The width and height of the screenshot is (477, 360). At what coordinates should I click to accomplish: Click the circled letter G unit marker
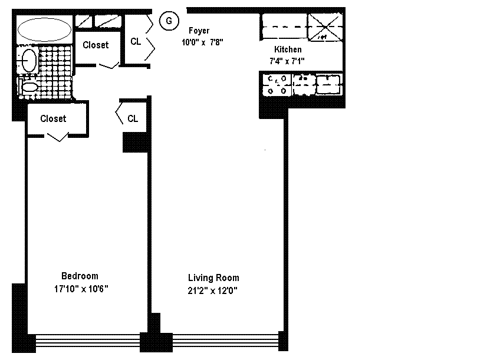[x=169, y=21]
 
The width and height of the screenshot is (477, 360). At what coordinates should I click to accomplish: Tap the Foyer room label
[x=199, y=31]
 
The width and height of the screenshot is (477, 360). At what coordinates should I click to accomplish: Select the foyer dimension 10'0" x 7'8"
[x=202, y=42]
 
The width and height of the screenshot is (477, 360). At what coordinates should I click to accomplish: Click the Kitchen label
[x=288, y=49]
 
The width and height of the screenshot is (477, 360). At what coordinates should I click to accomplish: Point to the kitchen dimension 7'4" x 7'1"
[x=287, y=61]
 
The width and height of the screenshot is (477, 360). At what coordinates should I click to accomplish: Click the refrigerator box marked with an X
[x=325, y=27]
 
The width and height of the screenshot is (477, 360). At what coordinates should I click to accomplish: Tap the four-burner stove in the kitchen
[x=277, y=85]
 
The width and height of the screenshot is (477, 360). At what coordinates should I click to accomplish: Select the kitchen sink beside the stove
[x=328, y=84]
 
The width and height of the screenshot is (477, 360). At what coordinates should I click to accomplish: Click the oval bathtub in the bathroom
[x=44, y=29]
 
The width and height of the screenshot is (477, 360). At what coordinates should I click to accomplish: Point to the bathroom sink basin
[x=29, y=60]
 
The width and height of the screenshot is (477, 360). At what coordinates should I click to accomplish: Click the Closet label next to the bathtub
[x=96, y=45]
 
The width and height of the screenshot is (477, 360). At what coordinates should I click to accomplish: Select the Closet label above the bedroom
[x=53, y=118]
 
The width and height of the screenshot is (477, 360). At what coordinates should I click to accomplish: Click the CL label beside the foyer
[x=136, y=41]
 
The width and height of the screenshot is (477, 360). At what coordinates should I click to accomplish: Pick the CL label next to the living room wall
[x=133, y=118]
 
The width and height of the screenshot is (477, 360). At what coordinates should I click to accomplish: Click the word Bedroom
[x=80, y=276]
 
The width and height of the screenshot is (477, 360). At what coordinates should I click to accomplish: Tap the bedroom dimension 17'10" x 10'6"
[x=81, y=289]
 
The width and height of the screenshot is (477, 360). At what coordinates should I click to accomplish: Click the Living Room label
[x=213, y=278]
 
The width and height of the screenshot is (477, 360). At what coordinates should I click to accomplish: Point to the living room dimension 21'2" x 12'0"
[x=212, y=290]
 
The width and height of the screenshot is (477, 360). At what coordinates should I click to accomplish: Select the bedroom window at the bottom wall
[x=88, y=341]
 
